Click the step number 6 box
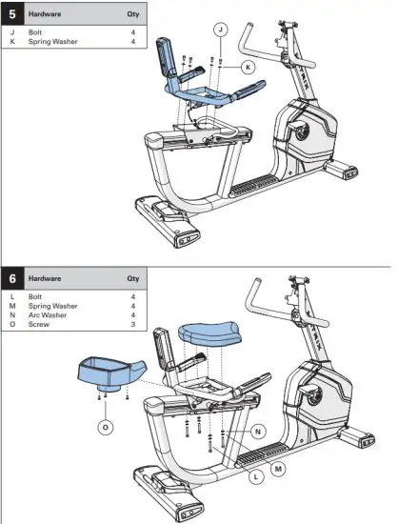(x=12, y=279)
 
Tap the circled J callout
(x=221, y=31)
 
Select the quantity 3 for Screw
(x=133, y=323)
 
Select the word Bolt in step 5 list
(x=37, y=31)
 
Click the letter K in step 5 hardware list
(x=12, y=41)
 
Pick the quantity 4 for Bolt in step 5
(x=133, y=31)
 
